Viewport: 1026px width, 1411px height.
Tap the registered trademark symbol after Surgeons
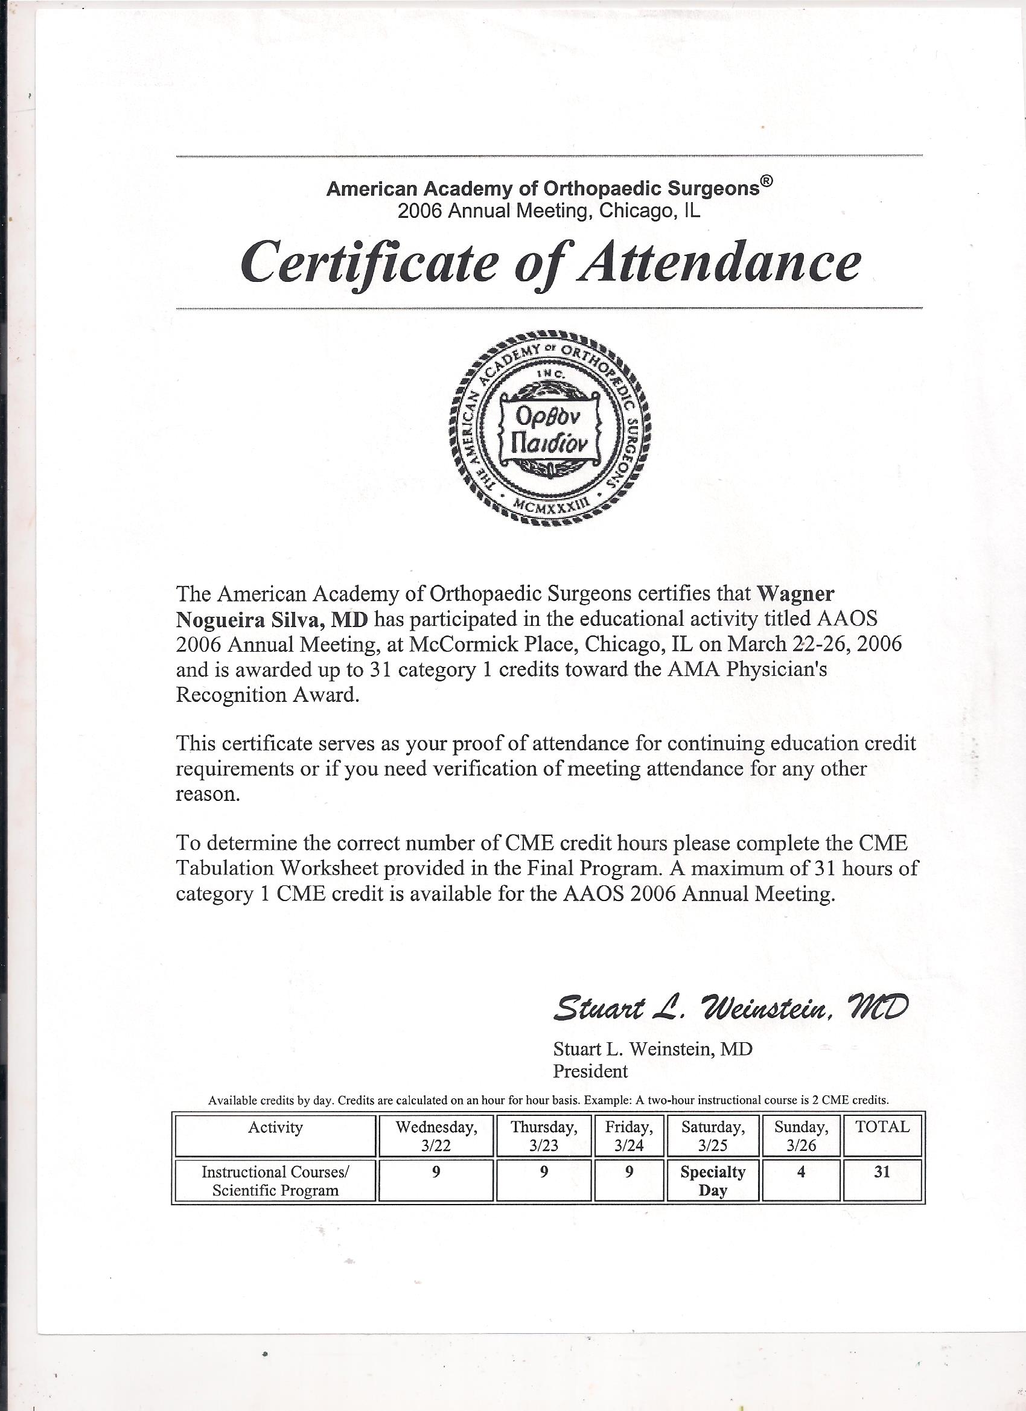[767, 182]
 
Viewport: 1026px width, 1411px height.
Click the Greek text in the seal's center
[549, 430]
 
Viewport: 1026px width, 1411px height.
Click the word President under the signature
[590, 1071]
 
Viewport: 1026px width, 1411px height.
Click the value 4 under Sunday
[801, 1172]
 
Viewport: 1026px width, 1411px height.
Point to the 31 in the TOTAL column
[882, 1172]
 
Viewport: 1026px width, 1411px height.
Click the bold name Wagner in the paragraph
[794, 593]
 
